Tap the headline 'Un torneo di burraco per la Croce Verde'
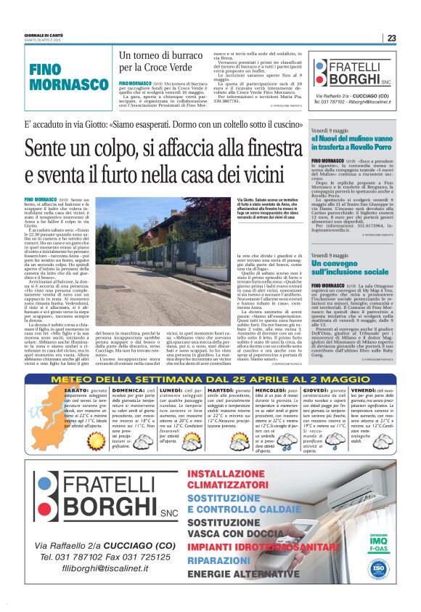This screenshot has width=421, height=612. [x=160, y=60]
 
